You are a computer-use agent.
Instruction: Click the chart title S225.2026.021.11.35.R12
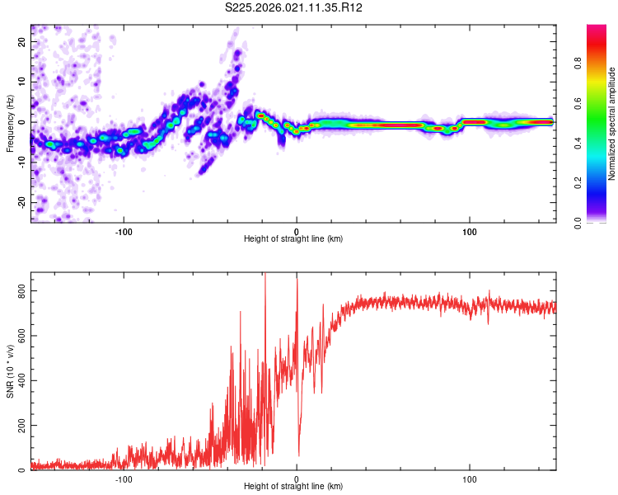point(294,8)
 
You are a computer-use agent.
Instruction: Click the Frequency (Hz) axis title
point(10,123)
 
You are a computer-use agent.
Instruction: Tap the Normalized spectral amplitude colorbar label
point(612,124)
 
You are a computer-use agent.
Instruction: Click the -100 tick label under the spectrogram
point(124,231)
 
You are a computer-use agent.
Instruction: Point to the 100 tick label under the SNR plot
point(470,478)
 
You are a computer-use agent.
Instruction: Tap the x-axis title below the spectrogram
point(293,239)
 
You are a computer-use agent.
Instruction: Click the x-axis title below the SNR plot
point(293,487)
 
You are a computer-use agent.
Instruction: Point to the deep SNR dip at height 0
point(298,454)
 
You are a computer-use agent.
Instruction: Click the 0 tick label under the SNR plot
point(297,478)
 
